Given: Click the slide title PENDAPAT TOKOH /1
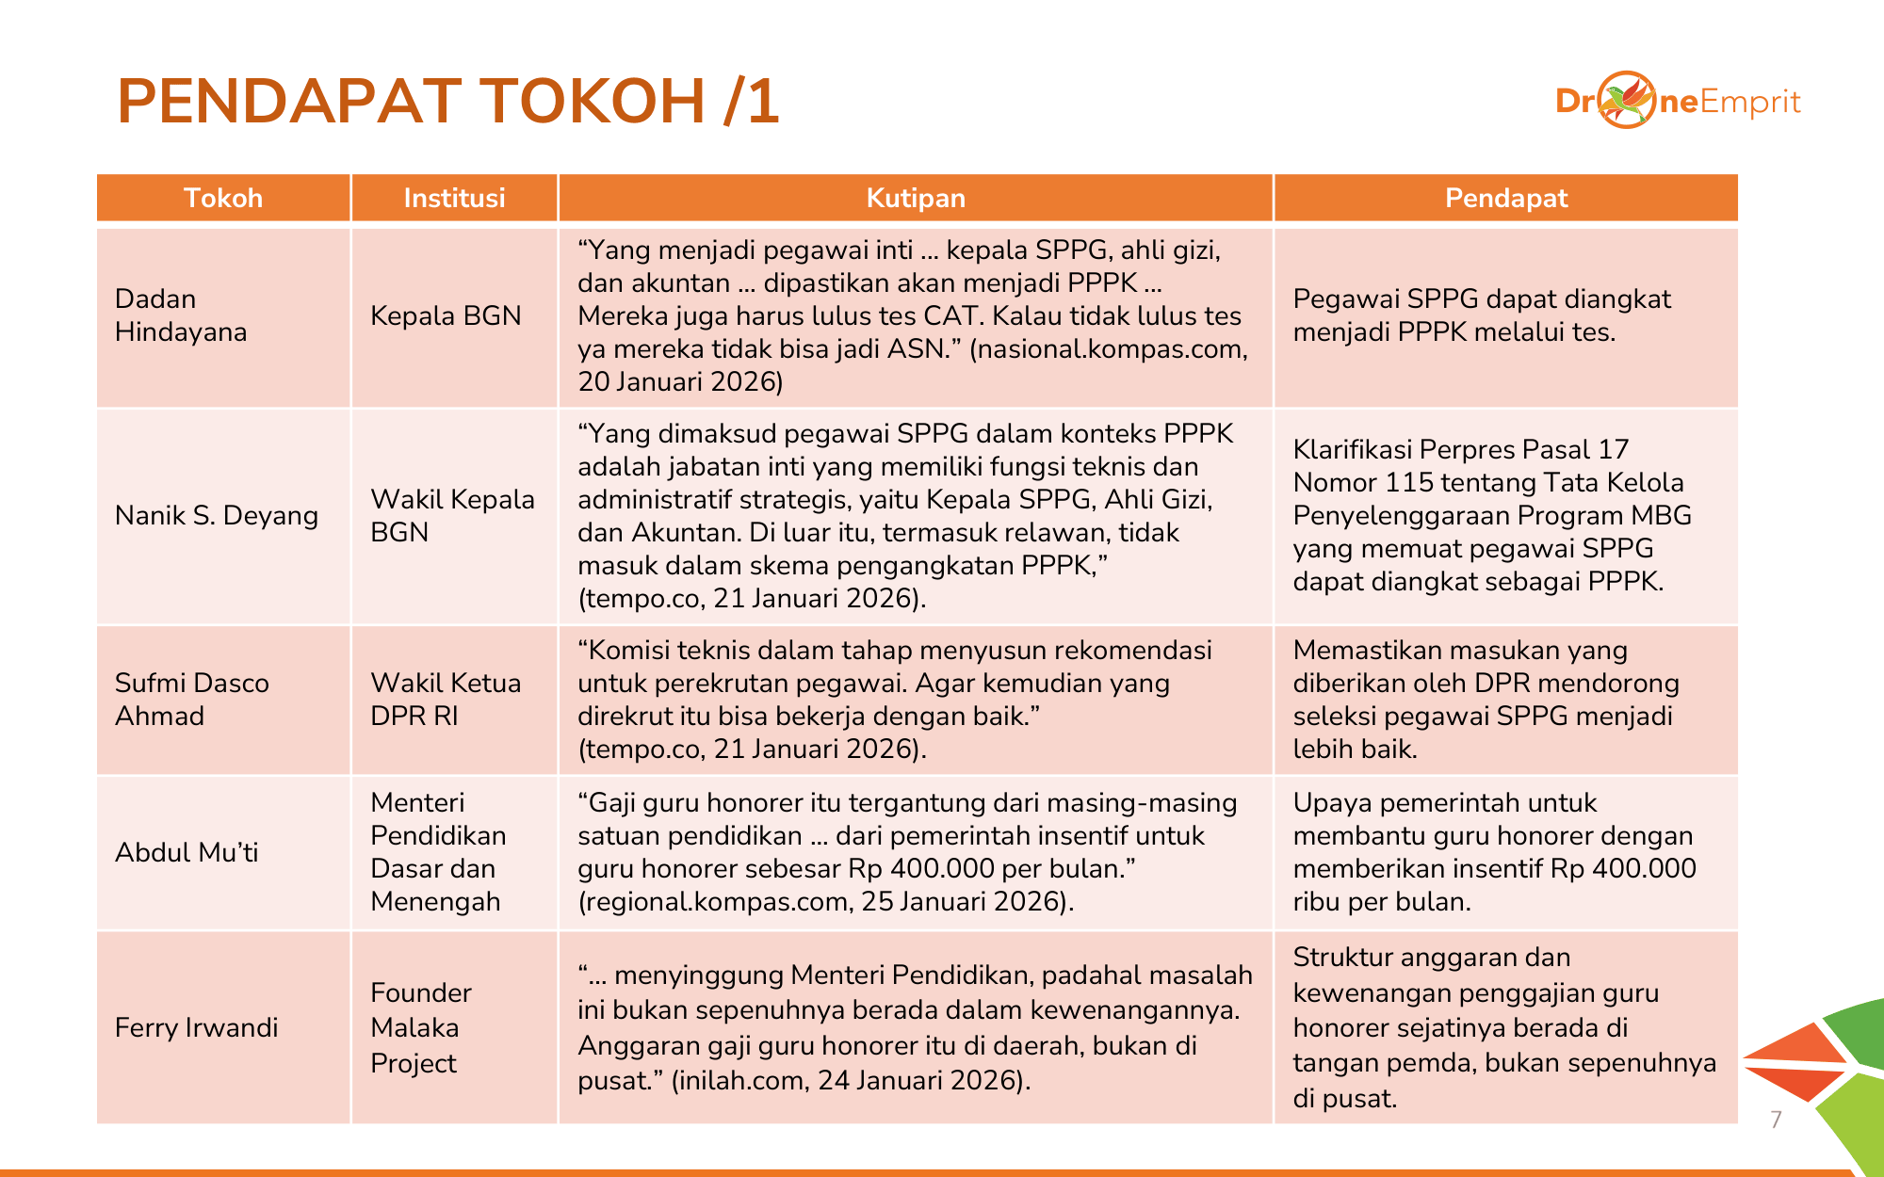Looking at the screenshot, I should [448, 101].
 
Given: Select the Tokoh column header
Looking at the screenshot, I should [223, 198].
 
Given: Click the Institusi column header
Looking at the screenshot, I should [454, 198].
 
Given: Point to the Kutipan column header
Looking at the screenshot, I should [916, 198].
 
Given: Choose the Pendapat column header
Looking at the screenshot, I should [1505, 198].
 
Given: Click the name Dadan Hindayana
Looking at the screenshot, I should [181, 315].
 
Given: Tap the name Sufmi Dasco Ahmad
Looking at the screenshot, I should [192, 699].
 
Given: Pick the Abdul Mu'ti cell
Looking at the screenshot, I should [187, 852].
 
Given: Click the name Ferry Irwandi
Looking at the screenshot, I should [196, 1027].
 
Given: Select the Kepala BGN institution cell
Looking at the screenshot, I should [446, 315].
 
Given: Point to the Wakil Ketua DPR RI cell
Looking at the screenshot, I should [446, 699].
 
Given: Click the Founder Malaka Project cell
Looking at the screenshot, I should [420, 1027].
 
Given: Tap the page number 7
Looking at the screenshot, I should [1776, 1120].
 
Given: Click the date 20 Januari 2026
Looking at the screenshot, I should [680, 381].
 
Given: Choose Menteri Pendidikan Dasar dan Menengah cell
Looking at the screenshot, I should [438, 852].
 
